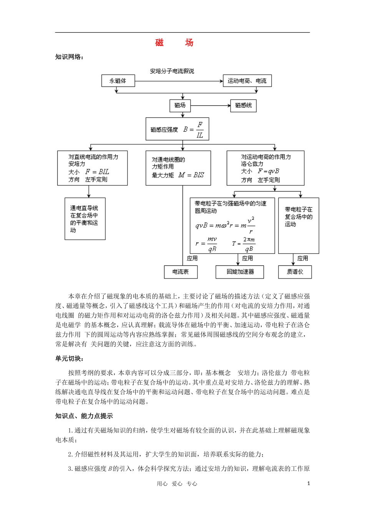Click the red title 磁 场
click(x=174, y=43)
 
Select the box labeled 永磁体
click(x=118, y=81)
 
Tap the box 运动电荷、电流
click(x=247, y=81)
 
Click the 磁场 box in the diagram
click(x=180, y=105)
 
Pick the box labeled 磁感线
click(x=243, y=105)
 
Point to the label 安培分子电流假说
click(x=172, y=71)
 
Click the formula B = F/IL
click(x=194, y=130)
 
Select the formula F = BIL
click(x=97, y=172)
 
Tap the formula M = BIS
click(x=191, y=175)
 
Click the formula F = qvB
click(x=269, y=172)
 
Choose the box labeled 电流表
click(x=180, y=272)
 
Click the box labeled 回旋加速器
click(x=240, y=272)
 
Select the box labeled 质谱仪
click(x=295, y=272)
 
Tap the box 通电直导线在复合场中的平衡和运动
click(x=85, y=219)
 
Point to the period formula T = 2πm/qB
click(x=244, y=244)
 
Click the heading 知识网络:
click(x=69, y=57)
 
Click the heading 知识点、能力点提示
click(x=84, y=416)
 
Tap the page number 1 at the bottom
click(x=309, y=484)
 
